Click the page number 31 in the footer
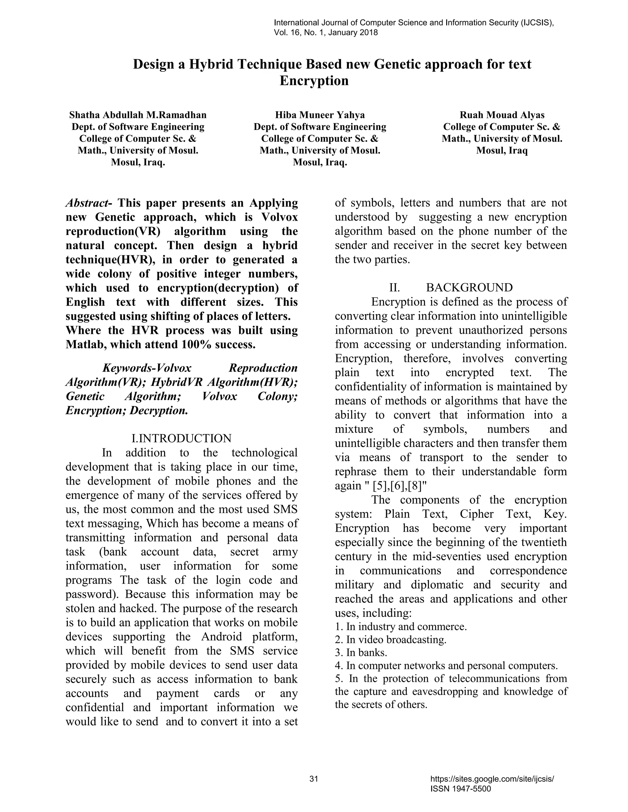click(314, 779)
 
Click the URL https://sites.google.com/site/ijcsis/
click(492, 779)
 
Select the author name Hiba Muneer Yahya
click(320, 115)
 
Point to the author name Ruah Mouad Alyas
click(502, 115)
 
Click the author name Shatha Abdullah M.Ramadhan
click(138, 115)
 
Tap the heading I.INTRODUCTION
click(182, 438)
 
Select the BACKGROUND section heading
click(469, 287)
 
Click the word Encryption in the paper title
click(314, 81)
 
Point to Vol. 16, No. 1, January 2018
click(326, 32)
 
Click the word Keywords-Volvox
click(147, 368)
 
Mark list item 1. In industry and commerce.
click(401, 627)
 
